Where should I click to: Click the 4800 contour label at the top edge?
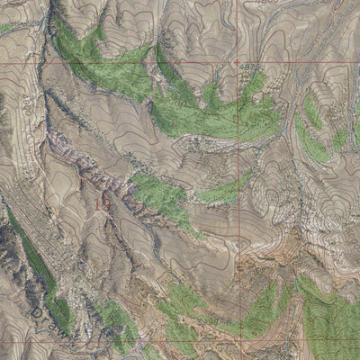264,4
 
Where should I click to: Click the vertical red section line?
238,180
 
